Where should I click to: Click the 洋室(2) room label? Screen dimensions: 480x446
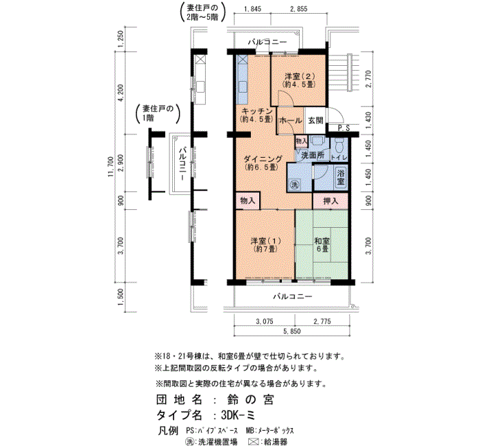pos(300,80)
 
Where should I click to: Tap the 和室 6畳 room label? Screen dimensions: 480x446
pos(322,245)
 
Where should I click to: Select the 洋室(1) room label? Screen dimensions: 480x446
pos(265,245)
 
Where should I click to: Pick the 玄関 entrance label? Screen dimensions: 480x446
pos(315,120)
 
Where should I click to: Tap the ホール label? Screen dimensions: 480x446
pos(290,121)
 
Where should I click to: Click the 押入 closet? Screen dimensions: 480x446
pos(331,201)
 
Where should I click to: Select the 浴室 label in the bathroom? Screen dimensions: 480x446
pos(341,177)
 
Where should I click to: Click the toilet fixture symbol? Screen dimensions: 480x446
pos(339,145)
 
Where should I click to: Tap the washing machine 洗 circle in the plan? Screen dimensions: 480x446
pos(294,185)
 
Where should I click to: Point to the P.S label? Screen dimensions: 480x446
pos(344,129)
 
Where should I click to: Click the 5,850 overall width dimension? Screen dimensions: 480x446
pos(291,331)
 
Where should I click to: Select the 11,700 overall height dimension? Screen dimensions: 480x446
pos(111,167)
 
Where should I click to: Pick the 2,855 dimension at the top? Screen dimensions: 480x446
pos(298,9)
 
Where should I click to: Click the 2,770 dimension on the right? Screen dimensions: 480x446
pos(368,79)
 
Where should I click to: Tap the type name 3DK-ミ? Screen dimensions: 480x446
pos(238,415)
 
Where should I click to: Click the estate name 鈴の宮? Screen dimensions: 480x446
pos(250,400)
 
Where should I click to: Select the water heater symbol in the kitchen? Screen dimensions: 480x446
pos(242,60)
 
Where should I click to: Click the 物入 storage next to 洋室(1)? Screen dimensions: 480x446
pos(248,200)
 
